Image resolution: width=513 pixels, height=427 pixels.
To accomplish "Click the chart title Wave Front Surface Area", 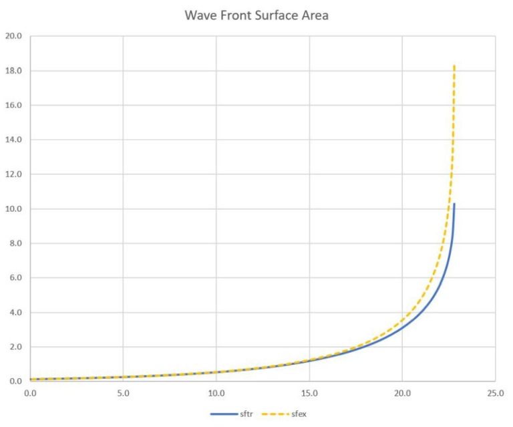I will [x=256, y=15].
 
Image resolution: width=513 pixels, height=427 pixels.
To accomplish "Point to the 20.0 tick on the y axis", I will [x=13, y=36].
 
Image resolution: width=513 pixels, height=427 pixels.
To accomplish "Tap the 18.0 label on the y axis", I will [x=13, y=71].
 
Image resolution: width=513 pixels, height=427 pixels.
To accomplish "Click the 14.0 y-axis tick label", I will [x=13, y=140].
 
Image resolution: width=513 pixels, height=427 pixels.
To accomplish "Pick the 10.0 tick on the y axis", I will [x=13, y=209].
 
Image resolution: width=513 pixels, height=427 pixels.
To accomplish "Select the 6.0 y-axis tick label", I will [x=15, y=278].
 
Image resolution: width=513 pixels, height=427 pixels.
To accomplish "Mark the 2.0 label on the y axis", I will [x=15, y=347].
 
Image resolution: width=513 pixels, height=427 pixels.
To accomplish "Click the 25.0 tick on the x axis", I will [x=495, y=392].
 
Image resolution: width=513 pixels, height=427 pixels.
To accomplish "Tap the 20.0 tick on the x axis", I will [x=402, y=392].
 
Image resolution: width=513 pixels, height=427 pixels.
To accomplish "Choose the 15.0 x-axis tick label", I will [x=309, y=392].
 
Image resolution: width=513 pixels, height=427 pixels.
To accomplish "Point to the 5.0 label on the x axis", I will [x=123, y=392].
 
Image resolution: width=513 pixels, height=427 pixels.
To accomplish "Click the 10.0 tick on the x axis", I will [x=216, y=392].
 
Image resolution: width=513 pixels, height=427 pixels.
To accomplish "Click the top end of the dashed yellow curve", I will [x=454, y=65].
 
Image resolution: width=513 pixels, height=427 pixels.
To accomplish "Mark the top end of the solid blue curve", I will [x=454, y=204].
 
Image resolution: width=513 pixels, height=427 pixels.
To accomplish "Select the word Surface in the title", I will [x=276, y=15].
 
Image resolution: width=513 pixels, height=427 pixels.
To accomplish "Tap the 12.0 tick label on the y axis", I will [x=13, y=174].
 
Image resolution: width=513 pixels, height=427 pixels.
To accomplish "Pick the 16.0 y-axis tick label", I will [x=13, y=106].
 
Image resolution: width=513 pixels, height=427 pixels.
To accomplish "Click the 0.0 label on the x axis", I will [x=30, y=392].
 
